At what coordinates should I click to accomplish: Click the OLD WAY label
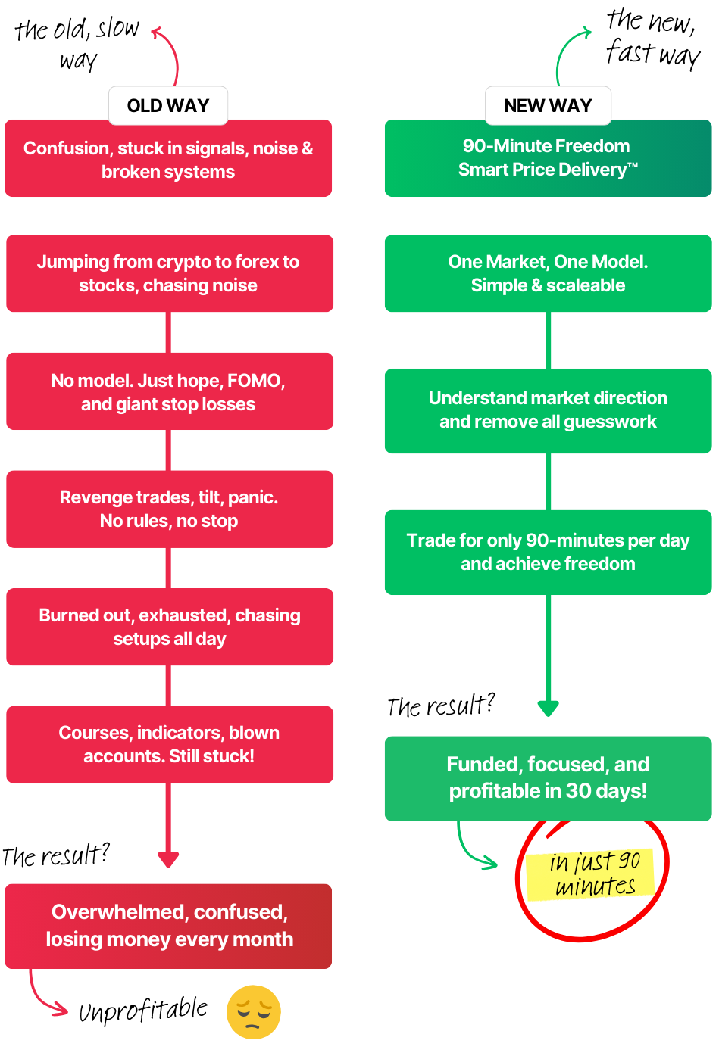[168, 106]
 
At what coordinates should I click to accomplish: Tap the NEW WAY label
[548, 106]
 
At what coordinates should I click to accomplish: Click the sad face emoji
[254, 1012]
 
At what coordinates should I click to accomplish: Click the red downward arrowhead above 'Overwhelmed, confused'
[168, 859]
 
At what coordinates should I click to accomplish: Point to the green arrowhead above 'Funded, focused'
[548, 709]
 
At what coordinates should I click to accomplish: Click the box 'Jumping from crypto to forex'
[170, 273]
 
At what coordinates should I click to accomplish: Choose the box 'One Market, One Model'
[548, 273]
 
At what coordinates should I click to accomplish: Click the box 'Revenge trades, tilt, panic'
[170, 509]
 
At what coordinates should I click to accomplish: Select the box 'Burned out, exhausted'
[170, 627]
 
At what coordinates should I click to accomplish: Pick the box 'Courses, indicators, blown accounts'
[170, 744]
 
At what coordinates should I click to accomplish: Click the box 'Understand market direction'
[548, 410]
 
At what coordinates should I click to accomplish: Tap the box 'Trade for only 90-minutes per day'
[548, 552]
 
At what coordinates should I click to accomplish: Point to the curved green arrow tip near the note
[494, 863]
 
